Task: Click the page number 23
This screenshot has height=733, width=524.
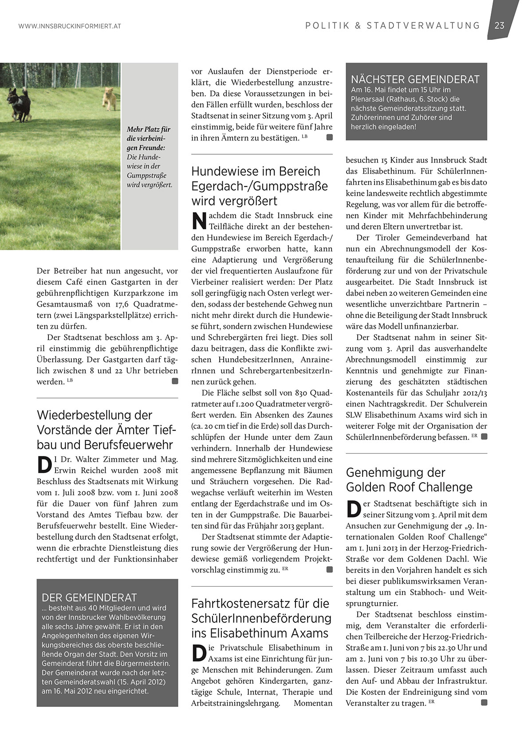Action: (499, 25)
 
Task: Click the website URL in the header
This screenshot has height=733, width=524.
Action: (69, 26)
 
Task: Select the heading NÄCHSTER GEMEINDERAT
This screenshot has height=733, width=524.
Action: (415, 80)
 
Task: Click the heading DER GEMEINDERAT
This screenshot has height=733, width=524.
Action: (89, 597)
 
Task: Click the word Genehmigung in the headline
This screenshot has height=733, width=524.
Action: (382, 472)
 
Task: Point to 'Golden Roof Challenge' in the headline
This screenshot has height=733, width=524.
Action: (409, 487)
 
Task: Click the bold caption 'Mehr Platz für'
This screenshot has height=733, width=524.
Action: (149, 129)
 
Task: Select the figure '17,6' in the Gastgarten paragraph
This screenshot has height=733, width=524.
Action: (122, 304)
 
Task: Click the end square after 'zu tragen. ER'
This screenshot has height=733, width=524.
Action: (484, 702)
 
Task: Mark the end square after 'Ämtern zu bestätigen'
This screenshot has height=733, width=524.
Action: (329, 137)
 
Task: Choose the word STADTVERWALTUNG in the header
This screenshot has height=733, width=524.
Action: (423, 26)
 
